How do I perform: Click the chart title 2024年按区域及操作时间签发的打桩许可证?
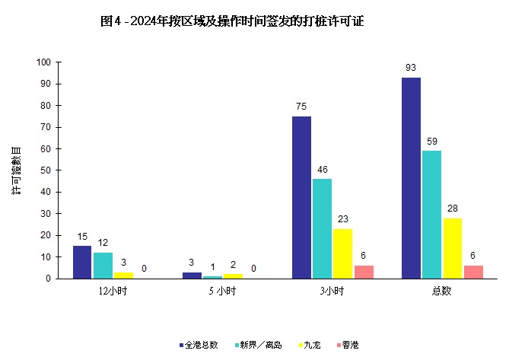pos(232,21)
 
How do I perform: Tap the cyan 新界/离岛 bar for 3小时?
pos(322,228)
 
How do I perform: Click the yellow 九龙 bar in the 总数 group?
pos(452,248)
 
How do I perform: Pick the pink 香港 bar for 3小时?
pos(364,272)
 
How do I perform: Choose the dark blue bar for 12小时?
pos(82,262)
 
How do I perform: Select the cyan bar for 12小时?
pos(103,265)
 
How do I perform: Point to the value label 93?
pos(411,68)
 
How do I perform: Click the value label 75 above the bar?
pos(301,107)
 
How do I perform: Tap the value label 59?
pos(431,142)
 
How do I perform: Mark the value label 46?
pos(322,170)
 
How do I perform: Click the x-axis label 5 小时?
pos(222,292)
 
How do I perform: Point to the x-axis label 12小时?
pos(113,292)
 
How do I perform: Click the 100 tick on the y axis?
pos(43,62)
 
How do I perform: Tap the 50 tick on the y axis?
pos(46,170)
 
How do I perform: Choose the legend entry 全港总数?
pos(199,345)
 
